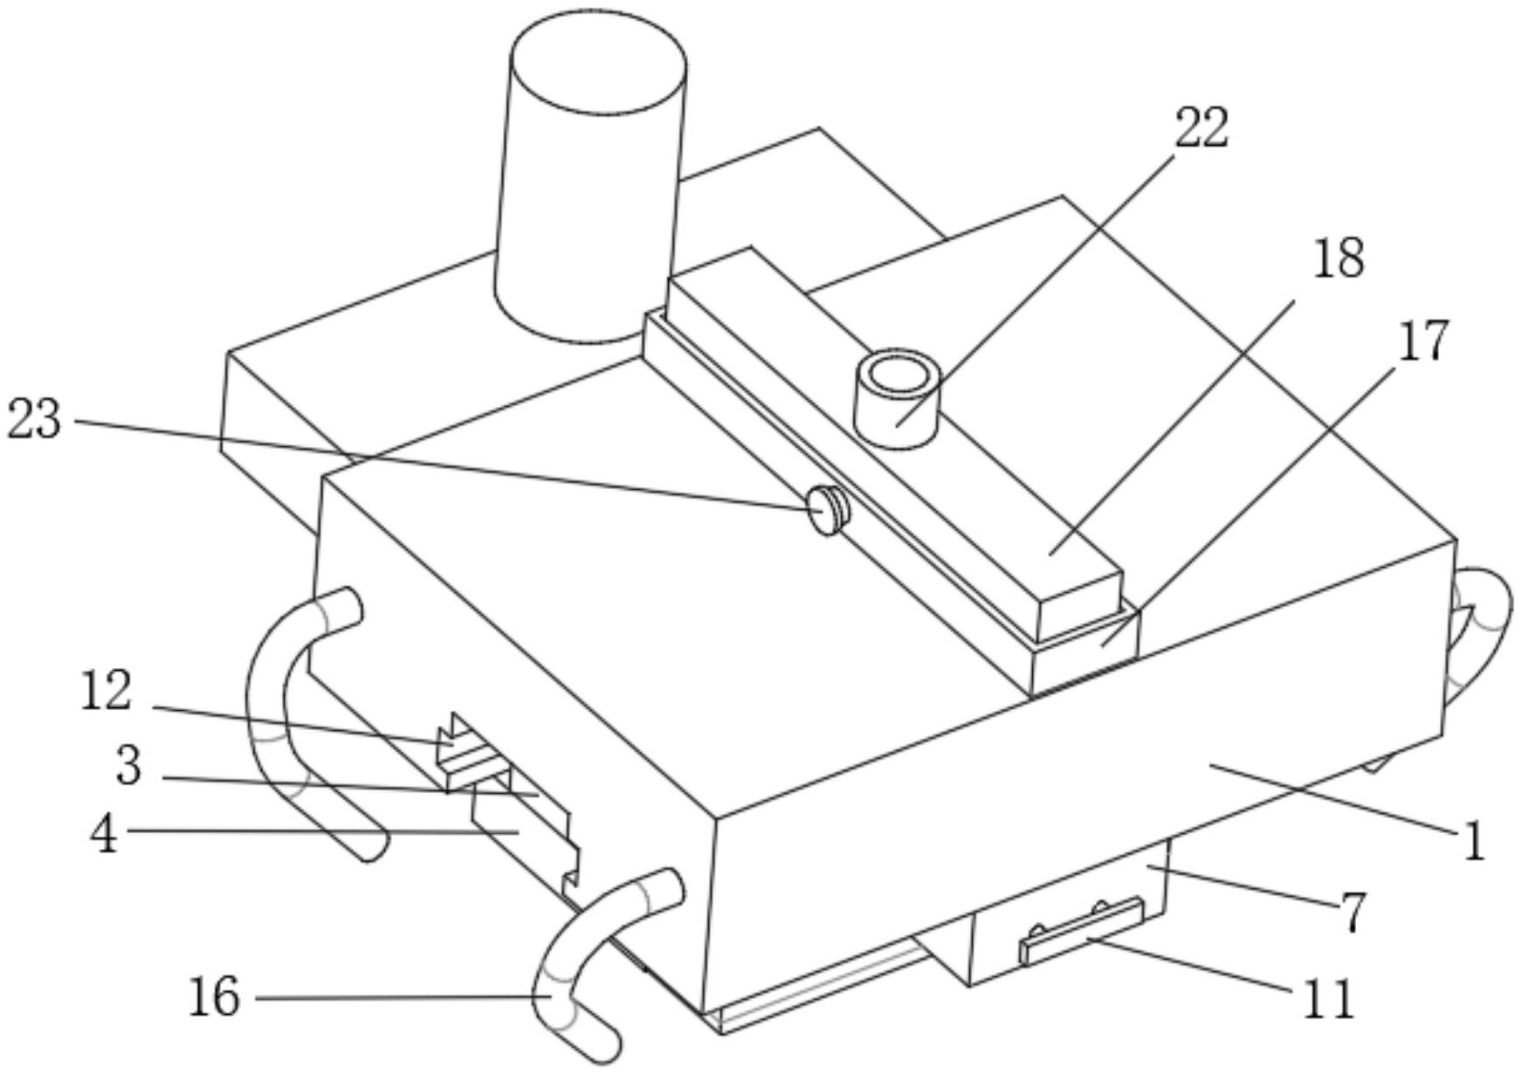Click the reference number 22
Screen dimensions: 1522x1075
pyautogui.click(x=1202, y=127)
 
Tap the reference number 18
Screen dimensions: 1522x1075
pyautogui.click(x=1339, y=258)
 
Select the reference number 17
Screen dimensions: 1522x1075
pyautogui.click(x=1423, y=341)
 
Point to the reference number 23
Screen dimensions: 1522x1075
pyautogui.click(x=35, y=419)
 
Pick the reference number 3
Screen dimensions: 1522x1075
pyautogui.click(x=128, y=766)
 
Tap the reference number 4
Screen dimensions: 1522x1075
pyautogui.click(x=104, y=833)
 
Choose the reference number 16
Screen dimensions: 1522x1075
pyautogui.click(x=214, y=996)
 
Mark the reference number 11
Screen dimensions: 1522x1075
pyautogui.click(x=1328, y=999)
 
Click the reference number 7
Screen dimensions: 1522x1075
pyautogui.click(x=1352, y=913)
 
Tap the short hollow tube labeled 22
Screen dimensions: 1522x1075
pyautogui.click(x=897, y=398)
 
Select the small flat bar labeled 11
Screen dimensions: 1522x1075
pyautogui.click(x=1082, y=931)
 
